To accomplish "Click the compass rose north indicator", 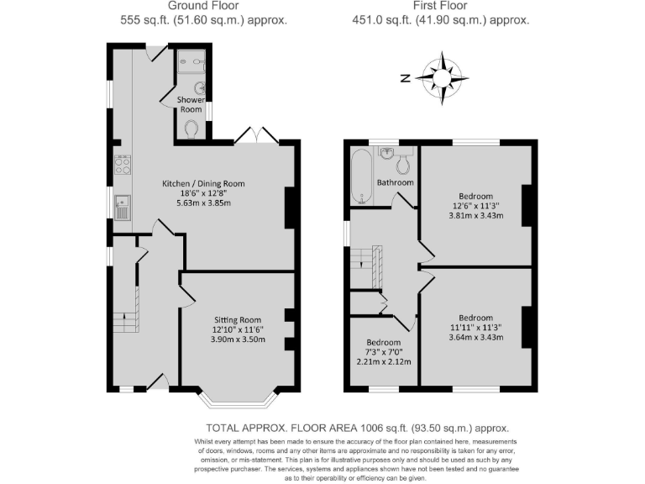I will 405,78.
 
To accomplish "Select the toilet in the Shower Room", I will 192,129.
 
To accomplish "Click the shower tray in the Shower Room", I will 192,60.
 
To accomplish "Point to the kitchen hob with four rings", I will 123,166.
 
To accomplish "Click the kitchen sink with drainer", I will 123,206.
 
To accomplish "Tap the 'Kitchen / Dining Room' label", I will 203,183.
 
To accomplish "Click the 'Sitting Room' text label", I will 238,320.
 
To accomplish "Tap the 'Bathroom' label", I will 395,182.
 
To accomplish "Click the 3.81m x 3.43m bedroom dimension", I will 475,215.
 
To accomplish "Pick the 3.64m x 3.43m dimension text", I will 475,338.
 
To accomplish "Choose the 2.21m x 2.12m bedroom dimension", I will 383,362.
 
